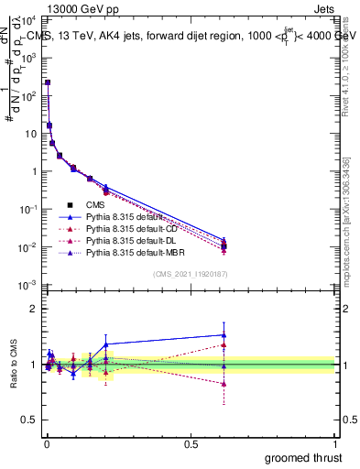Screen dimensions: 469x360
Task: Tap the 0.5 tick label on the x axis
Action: click(x=191, y=444)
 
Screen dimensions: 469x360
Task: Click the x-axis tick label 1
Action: click(x=335, y=444)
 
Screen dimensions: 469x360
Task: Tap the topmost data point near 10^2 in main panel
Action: click(x=48, y=82)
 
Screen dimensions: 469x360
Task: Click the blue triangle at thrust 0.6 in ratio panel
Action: click(x=224, y=335)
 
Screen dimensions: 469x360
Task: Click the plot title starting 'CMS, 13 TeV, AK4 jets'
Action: click(x=192, y=38)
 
